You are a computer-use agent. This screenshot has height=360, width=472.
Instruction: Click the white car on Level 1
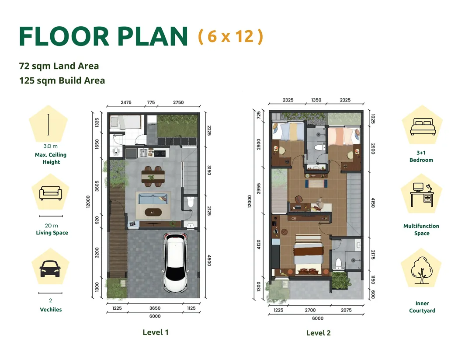[176, 262]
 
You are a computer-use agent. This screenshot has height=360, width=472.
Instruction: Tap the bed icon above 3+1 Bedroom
[423, 126]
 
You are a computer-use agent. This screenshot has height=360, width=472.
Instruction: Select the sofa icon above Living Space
[51, 193]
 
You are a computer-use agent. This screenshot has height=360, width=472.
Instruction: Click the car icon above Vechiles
[50, 269]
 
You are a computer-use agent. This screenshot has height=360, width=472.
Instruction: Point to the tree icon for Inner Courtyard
[422, 270]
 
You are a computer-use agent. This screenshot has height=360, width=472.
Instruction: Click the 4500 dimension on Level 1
[209, 260]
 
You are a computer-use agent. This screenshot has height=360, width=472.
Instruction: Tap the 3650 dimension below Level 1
[155, 308]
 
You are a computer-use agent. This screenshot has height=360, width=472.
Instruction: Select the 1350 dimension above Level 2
[316, 100]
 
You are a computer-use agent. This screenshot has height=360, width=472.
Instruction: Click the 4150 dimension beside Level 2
[373, 203]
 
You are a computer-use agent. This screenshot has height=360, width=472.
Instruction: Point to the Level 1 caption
[155, 332]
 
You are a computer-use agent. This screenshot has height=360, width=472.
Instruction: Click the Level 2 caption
[318, 333]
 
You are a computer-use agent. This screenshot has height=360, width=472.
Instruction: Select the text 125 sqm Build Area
[62, 80]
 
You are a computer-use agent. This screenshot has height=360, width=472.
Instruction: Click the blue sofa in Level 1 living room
[153, 199]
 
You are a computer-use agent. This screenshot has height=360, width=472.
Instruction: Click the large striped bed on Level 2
[309, 255]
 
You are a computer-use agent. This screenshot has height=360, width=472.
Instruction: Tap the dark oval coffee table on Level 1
[153, 212]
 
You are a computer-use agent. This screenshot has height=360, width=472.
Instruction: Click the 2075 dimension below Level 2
[346, 310]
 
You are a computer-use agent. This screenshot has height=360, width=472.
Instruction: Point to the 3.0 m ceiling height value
[50, 146]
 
